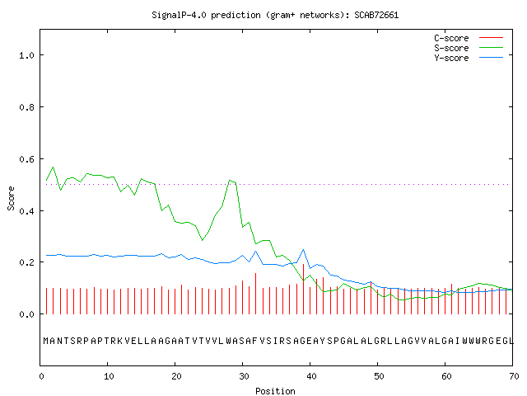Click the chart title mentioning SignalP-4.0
(275, 15)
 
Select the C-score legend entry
(469, 38)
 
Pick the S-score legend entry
(469, 48)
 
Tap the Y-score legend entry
(469, 58)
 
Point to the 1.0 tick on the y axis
(27, 55)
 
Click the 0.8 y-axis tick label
(27, 107)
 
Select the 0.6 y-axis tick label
(27, 159)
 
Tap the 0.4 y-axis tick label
(27, 211)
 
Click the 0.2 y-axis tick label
(27, 262)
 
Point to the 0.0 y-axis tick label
(27, 314)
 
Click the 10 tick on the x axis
(109, 376)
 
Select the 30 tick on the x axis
(244, 376)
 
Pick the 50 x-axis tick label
(379, 376)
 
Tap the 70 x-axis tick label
(514, 376)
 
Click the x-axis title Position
(275, 391)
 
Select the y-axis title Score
(11, 198)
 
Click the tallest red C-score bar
(303, 289)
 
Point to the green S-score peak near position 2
(53, 167)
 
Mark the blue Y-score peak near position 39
(303, 249)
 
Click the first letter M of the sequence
(46, 341)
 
